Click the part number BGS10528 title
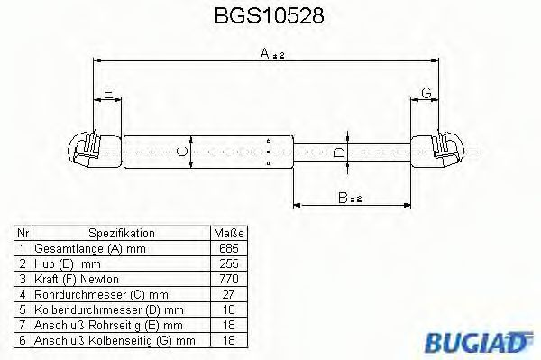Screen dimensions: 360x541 coord(270,17)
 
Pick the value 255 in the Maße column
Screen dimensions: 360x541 coord(228,263)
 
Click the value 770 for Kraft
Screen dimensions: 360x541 coord(228,279)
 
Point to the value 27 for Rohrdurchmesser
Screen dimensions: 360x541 coord(228,294)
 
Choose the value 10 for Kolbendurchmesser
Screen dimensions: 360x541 coord(228,309)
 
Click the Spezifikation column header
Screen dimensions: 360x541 coord(121,233)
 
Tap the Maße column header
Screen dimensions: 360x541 coord(228,233)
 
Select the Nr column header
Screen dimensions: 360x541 coord(23,233)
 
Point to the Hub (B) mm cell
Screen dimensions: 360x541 coord(69,263)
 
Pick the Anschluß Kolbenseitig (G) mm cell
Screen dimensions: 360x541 coord(114,340)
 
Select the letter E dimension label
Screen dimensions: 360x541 coord(108,93)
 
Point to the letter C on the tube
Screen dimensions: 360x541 coord(181,151)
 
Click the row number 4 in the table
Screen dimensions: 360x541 coord(23,294)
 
